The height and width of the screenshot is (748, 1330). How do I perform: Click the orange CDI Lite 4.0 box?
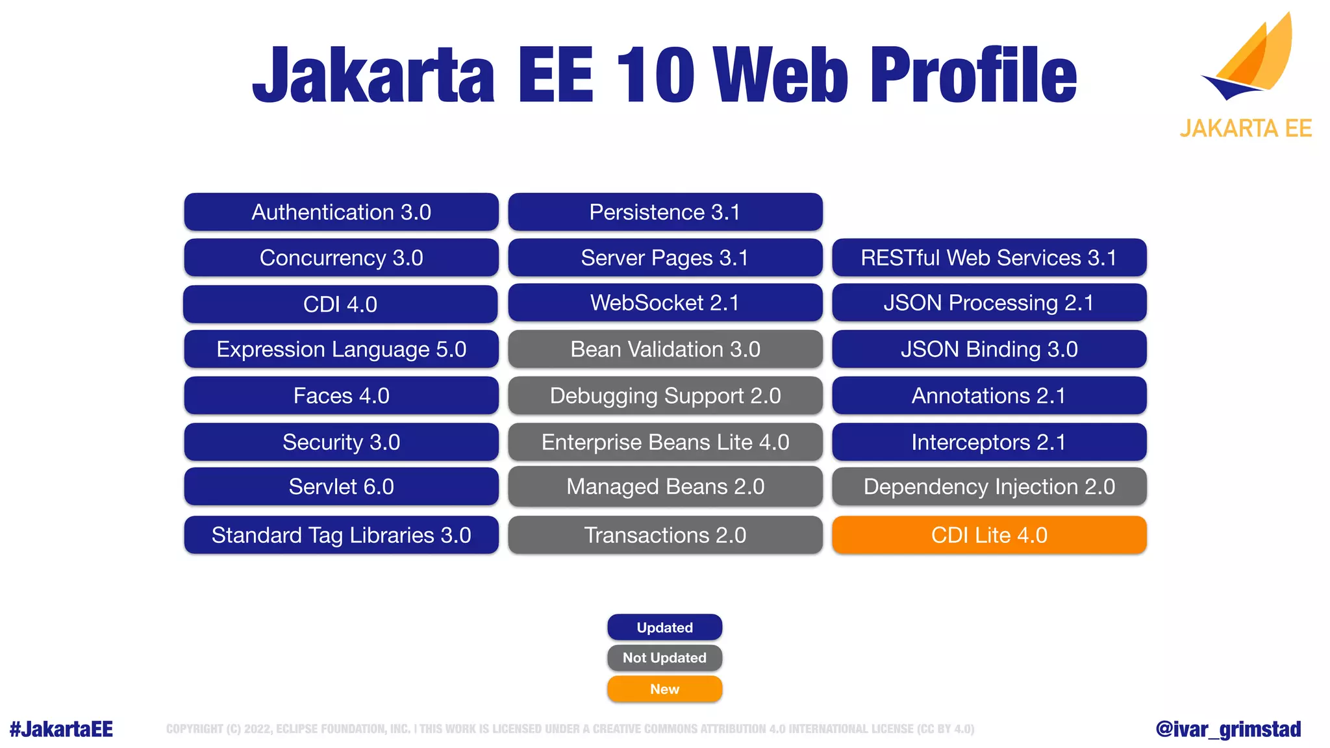989,535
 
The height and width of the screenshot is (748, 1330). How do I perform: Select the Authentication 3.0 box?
341,212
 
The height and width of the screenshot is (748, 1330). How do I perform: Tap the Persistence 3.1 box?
665,212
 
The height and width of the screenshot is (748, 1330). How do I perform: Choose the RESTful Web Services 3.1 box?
989,258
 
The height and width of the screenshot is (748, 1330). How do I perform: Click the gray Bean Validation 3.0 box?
665,349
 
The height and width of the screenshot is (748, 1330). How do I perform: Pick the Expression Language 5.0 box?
341,349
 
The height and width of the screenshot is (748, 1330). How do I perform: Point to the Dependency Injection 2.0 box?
989,486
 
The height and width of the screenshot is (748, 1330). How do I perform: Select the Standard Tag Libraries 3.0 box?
341,535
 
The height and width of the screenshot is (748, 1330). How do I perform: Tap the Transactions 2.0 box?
665,535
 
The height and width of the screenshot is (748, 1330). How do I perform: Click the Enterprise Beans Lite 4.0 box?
665,442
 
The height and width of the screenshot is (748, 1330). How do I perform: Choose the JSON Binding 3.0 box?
989,349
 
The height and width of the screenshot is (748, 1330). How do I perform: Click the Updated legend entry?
664,627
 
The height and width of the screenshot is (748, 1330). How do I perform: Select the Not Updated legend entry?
664,658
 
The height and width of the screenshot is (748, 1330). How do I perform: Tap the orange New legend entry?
664,689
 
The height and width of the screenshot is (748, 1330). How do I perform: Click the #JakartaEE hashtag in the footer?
61,729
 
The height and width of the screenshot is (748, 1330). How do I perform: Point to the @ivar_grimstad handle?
1228,729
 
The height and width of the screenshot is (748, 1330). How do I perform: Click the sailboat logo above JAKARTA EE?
1250,58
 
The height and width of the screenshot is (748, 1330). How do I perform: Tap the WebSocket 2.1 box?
665,303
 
